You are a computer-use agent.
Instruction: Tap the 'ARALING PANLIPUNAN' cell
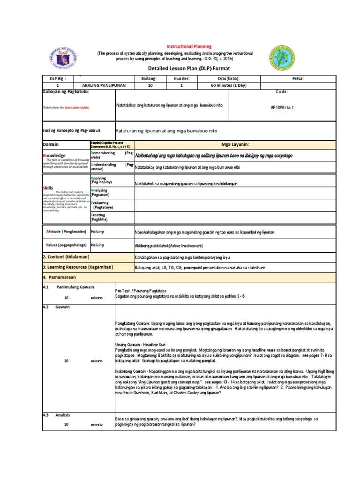click(105, 86)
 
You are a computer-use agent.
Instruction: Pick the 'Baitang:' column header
click(150, 79)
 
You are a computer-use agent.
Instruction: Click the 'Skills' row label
click(50, 187)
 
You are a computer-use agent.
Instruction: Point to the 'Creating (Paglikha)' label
click(99, 217)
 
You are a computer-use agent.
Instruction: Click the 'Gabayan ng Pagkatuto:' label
click(65, 92)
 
